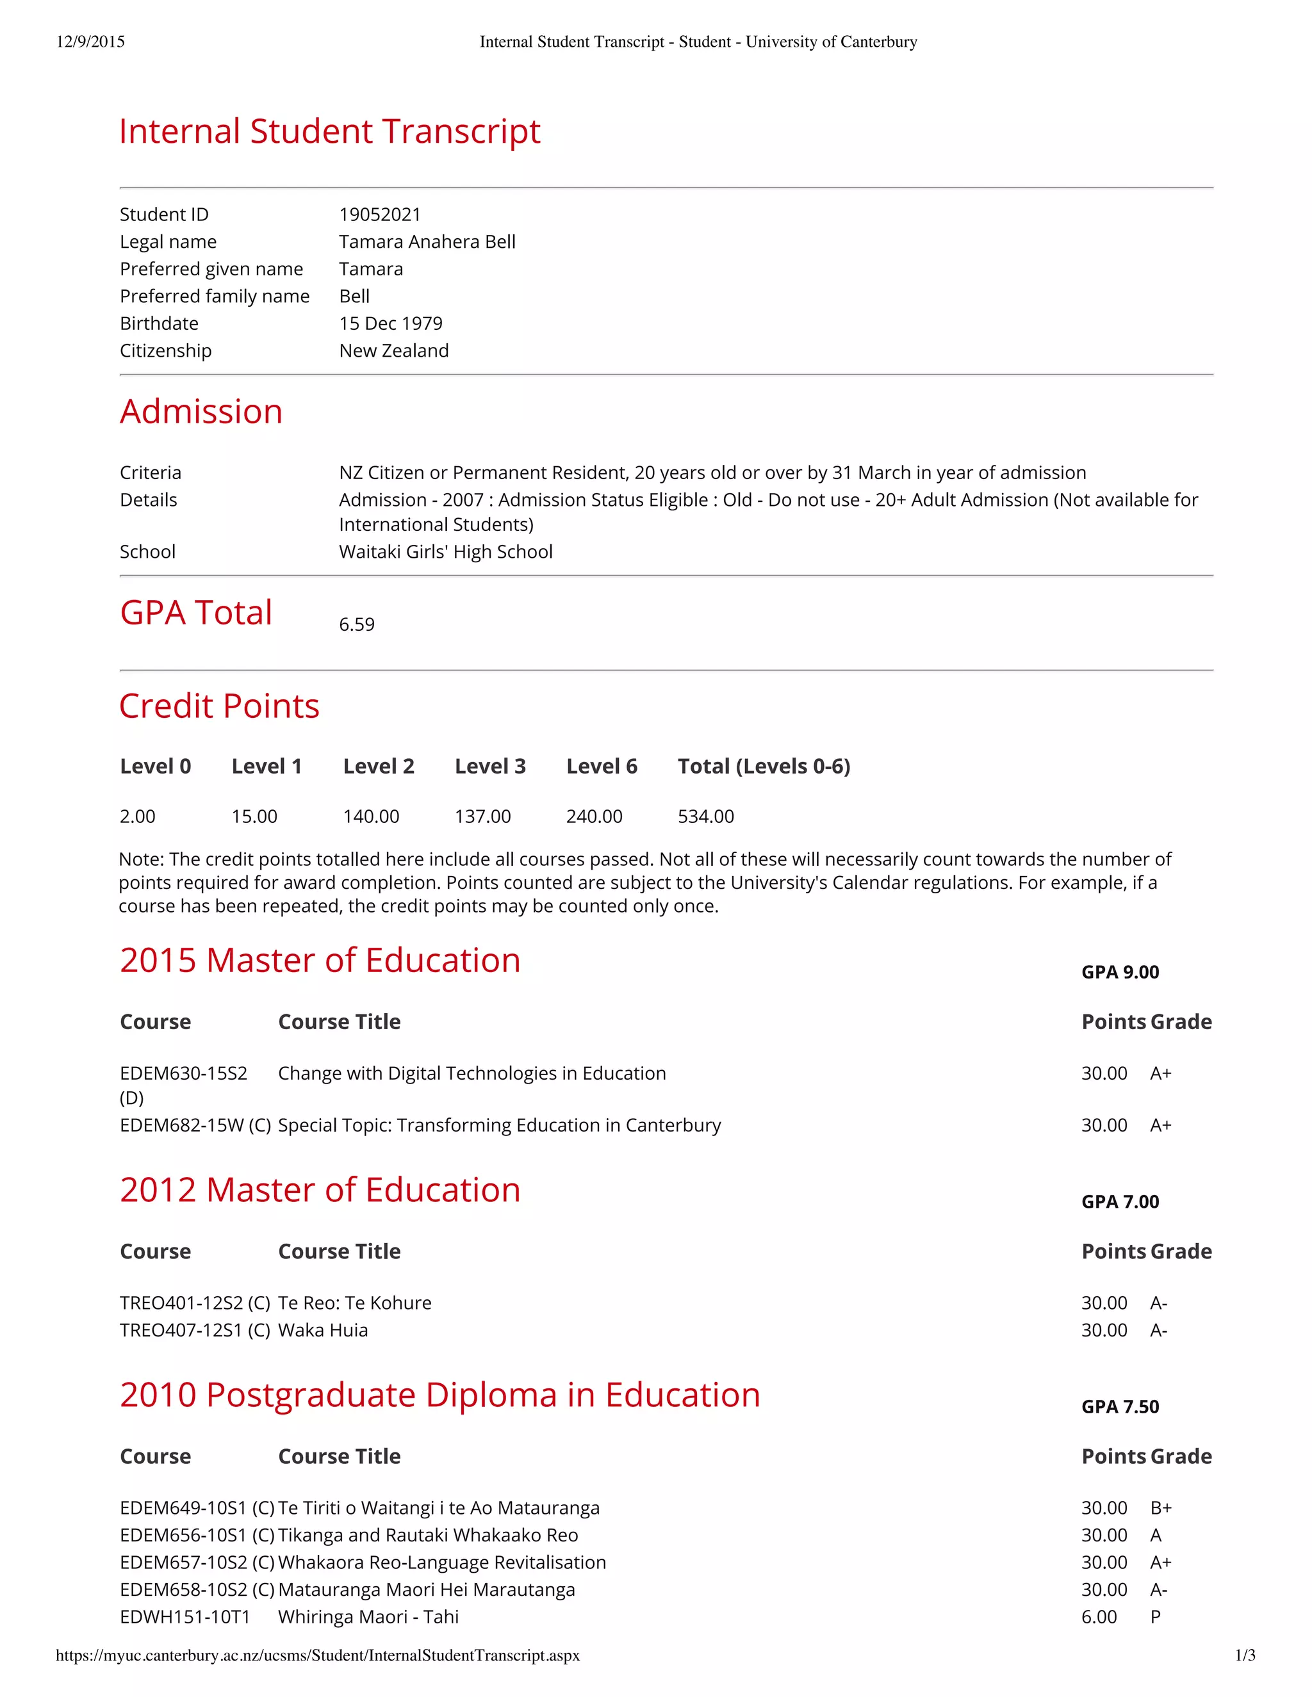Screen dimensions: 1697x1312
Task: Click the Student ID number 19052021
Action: coord(379,215)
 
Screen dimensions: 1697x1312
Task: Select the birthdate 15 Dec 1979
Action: coord(390,323)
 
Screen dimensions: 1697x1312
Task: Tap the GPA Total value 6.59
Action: coord(357,625)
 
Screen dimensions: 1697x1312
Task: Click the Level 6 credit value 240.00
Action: coord(594,816)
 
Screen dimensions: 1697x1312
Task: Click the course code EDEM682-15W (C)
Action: coord(194,1125)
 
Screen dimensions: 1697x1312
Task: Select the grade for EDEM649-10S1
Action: coord(1160,1508)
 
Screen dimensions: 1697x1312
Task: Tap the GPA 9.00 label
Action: coord(1119,972)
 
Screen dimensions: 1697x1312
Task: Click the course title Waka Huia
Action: coord(323,1330)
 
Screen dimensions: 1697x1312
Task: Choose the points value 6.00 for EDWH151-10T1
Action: coord(1098,1617)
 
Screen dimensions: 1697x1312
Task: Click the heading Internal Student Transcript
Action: coord(329,131)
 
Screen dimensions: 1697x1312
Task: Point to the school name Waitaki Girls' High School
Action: coord(445,551)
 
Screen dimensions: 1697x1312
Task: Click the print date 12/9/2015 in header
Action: coord(90,42)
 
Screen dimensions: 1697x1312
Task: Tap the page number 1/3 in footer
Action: coord(1244,1656)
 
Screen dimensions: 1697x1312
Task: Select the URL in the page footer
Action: coord(317,1656)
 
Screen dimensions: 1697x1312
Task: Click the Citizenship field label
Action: coord(165,350)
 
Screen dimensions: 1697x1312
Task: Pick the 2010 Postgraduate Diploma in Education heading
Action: coord(439,1395)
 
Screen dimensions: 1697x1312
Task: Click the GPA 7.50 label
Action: coord(1119,1406)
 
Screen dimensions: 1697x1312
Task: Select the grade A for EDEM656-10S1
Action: coord(1156,1536)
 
